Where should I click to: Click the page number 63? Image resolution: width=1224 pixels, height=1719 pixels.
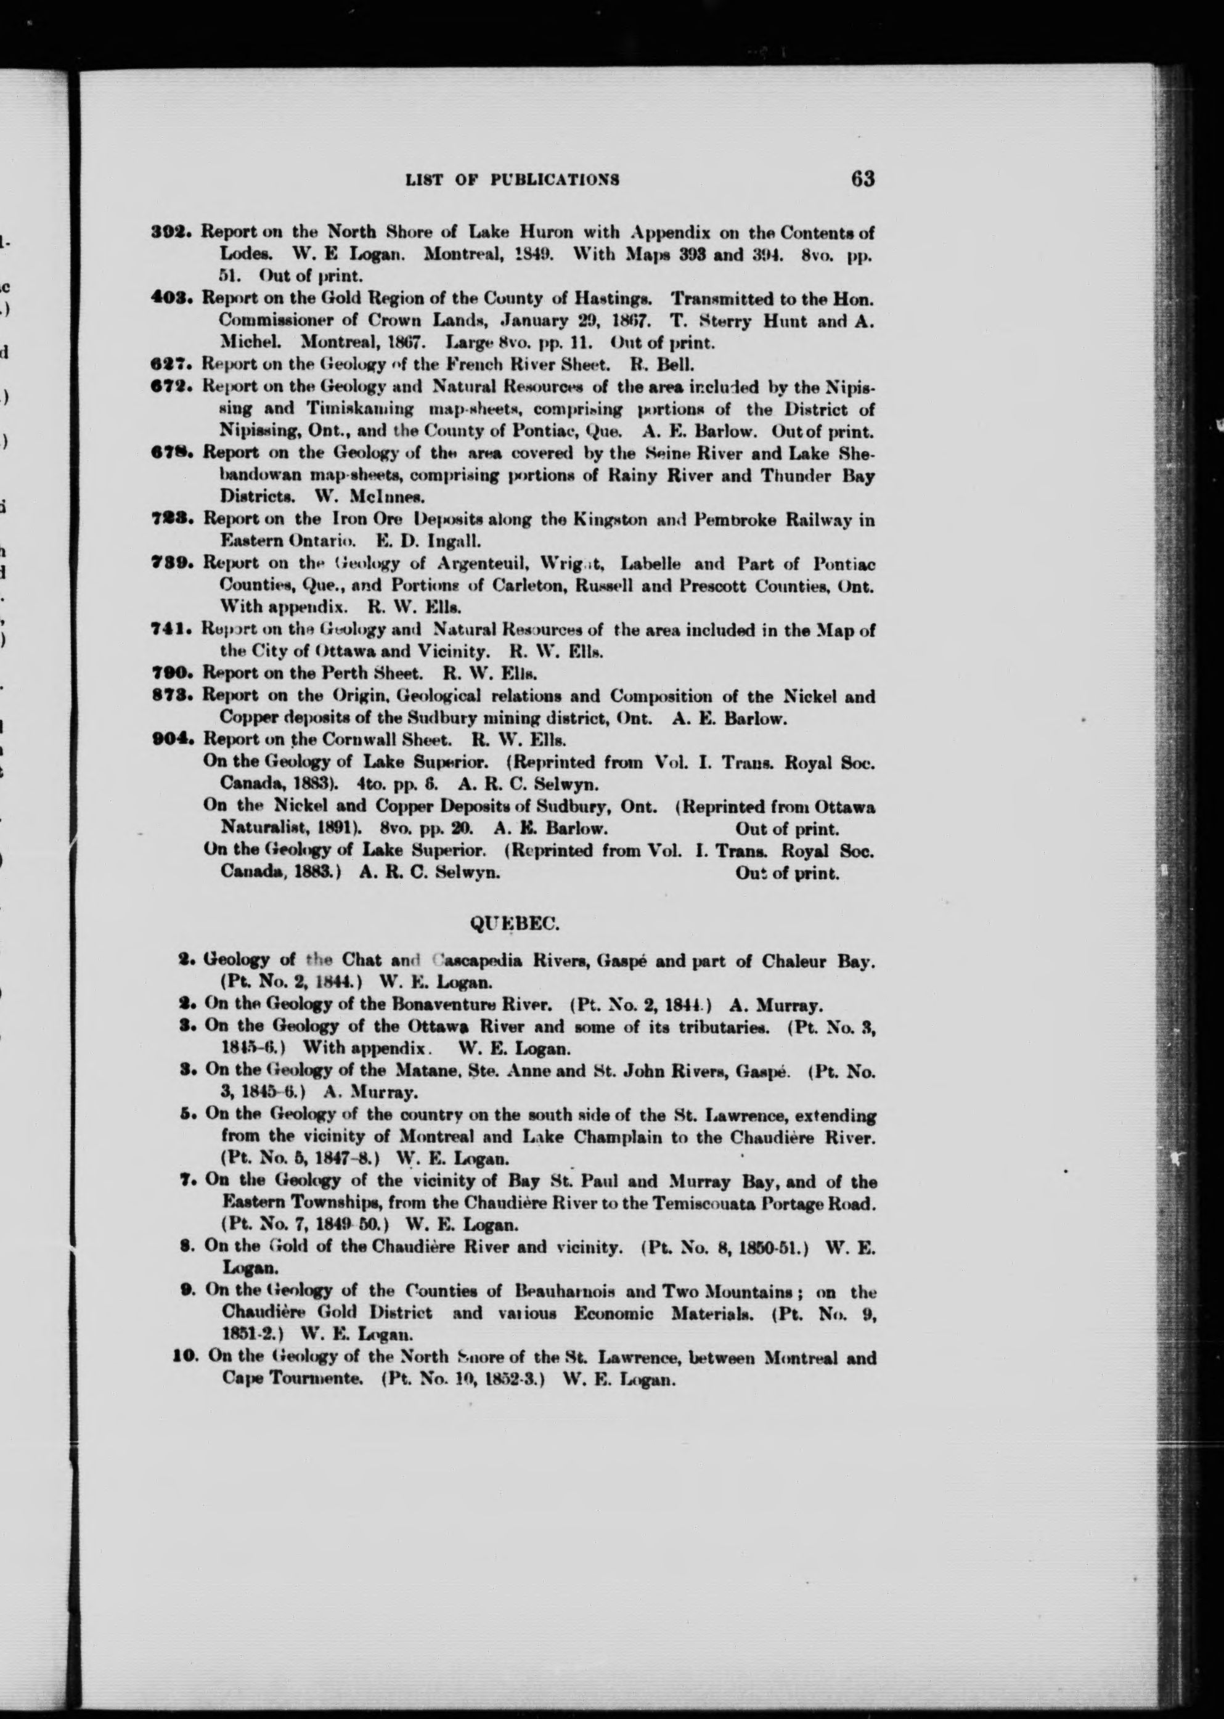point(862,179)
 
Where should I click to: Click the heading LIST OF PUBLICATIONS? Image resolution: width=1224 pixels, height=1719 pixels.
point(513,180)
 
